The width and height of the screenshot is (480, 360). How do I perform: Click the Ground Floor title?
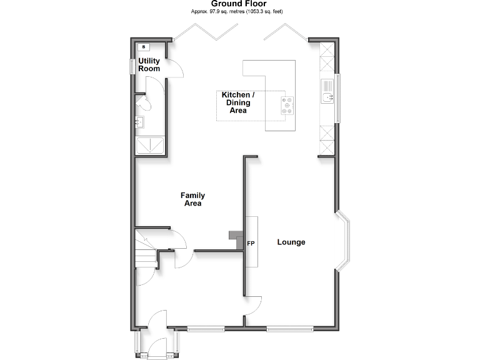239,4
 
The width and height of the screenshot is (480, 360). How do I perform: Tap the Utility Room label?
149,65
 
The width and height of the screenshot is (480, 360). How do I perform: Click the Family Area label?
193,199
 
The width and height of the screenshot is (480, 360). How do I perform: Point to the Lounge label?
291,242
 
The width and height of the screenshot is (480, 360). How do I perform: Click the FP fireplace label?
251,242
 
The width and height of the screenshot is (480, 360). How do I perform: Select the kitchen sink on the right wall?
327,94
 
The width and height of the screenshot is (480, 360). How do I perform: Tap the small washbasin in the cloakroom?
141,122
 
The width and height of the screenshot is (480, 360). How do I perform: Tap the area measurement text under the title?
239,12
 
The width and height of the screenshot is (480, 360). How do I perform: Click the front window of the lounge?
290,327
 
